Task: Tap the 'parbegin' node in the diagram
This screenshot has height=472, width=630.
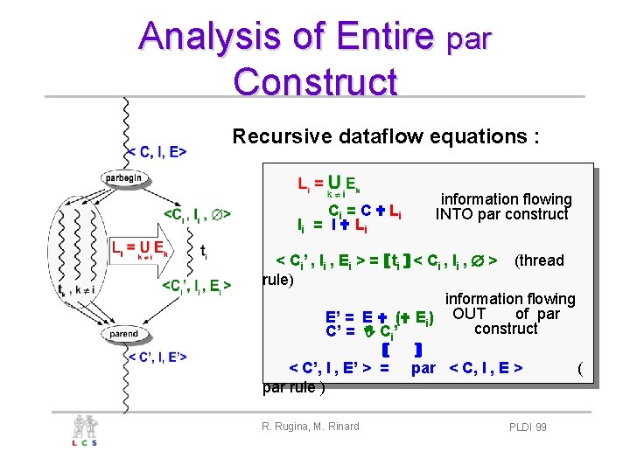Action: tap(124, 177)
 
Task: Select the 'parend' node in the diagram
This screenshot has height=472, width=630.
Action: tap(123, 334)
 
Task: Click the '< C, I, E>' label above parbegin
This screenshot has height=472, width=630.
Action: tap(157, 152)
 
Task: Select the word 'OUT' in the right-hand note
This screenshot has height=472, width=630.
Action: tap(474, 313)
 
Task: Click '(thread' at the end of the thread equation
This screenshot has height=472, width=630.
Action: tap(539, 260)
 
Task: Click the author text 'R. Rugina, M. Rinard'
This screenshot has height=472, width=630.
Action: tap(310, 427)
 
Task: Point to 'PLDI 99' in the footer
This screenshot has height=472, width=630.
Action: tap(528, 427)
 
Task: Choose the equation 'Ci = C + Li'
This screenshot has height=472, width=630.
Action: tap(364, 211)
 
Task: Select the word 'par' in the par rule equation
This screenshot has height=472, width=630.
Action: tap(423, 368)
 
